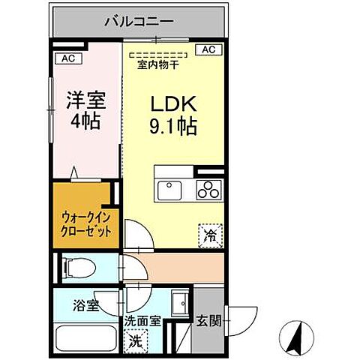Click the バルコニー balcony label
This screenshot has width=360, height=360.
139,20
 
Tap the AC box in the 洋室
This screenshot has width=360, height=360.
67,58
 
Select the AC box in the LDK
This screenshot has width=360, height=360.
208,50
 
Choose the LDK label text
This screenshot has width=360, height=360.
174,103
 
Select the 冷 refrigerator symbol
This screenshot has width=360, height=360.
210,235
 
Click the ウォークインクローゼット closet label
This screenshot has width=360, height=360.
85,223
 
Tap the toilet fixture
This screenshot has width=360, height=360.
79,267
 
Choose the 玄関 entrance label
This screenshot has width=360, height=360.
208,321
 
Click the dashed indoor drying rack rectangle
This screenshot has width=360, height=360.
157,54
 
